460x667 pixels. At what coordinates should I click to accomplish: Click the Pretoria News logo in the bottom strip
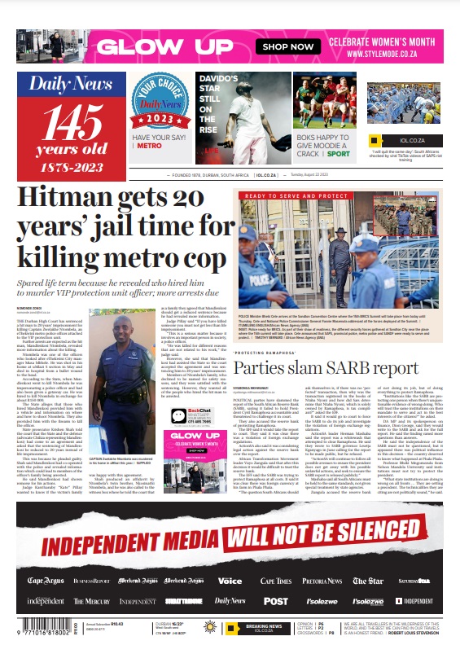(x=322, y=581)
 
